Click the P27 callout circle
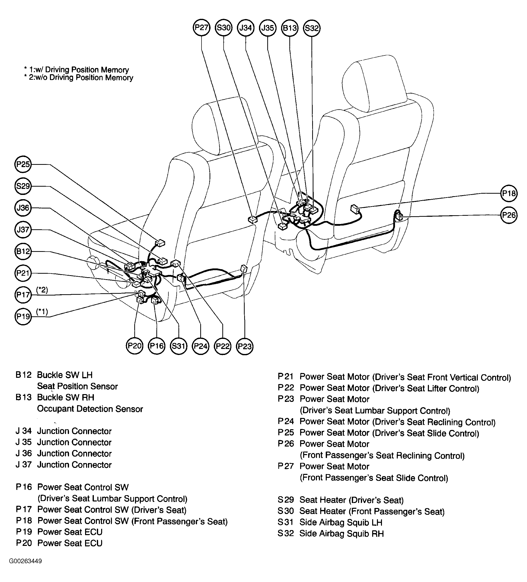coord(201,28)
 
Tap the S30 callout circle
coord(224,28)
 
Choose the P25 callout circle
coord(23,164)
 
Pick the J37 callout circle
coord(23,230)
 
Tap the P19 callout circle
coord(23,317)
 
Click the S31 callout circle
coord(179,346)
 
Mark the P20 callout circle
coord(135,346)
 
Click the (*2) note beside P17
coord(42,290)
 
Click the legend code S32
coord(286,534)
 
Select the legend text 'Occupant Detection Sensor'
coord(90,409)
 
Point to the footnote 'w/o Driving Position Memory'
coord(81,78)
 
